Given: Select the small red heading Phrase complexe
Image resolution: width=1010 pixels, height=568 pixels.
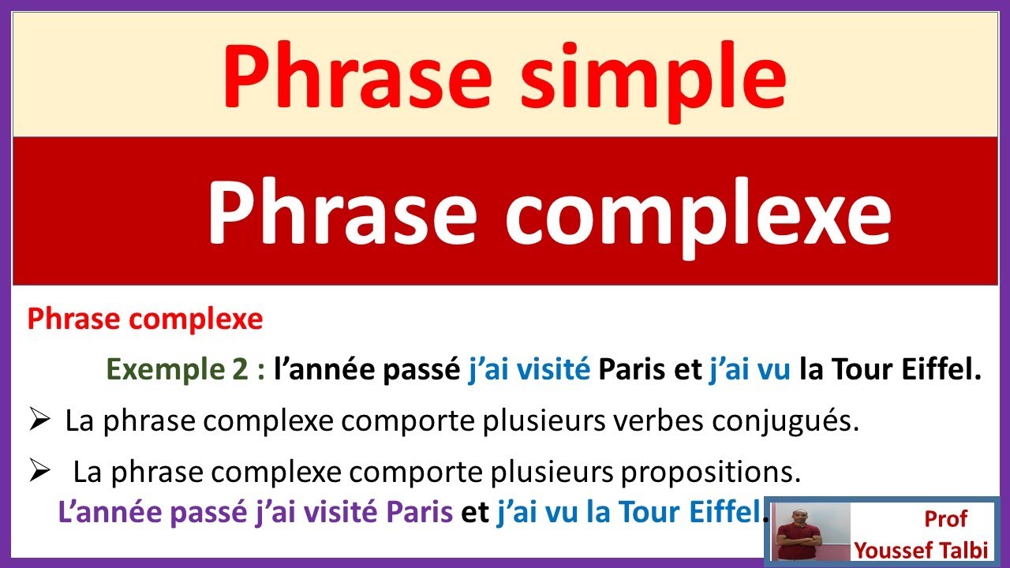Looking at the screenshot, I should pyautogui.click(x=144, y=319).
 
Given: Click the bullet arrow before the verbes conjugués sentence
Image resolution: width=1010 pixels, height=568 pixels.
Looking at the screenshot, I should pyautogui.click(x=39, y=421).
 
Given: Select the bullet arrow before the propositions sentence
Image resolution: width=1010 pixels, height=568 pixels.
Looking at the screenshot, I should pyautogui.click(x=39, y=472).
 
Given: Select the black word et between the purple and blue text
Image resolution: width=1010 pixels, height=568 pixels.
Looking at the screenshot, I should pyautogui.click(x=474, y=513).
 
